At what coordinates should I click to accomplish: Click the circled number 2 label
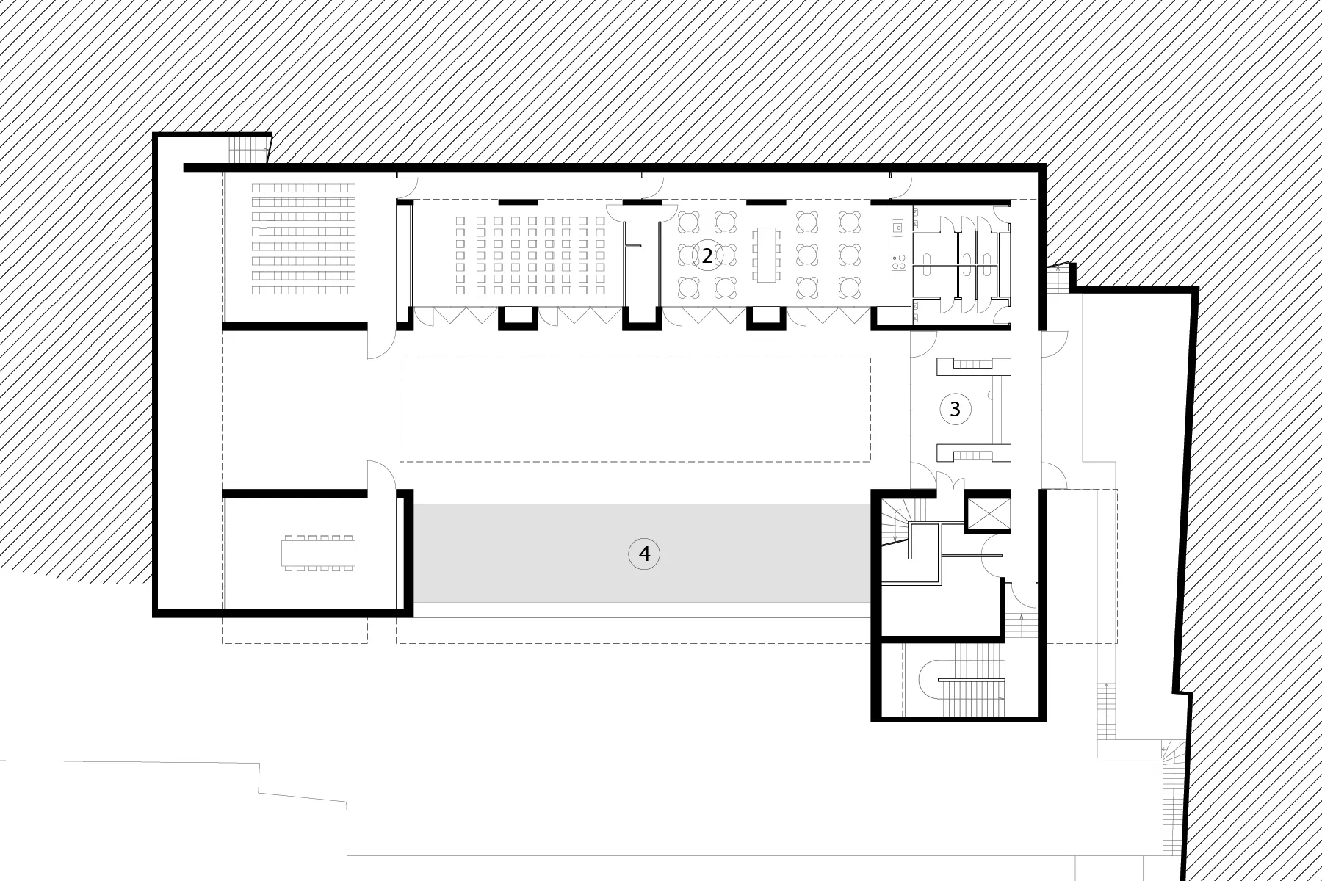click(x=707, y=255)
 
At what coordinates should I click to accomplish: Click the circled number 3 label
click(x=955, y=410)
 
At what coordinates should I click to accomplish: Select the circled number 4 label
click(x=644, y=554)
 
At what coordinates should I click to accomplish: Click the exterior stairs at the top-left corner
click(x=248, y=149)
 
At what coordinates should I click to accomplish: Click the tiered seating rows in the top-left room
click(x=303, y=239)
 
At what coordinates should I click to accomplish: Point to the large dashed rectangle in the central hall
click(x=635, y=410)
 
